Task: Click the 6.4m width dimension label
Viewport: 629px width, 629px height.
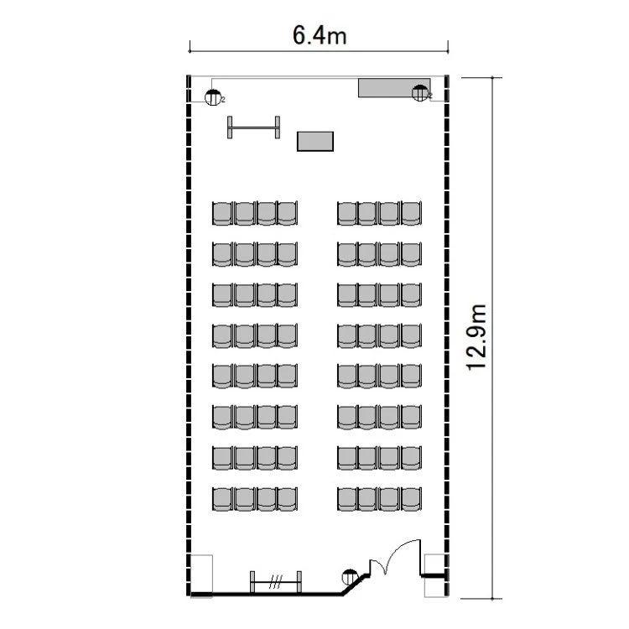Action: coord(320,35)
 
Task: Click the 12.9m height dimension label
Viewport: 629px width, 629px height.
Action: coord(477,337)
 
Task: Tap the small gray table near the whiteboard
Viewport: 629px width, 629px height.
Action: coord(315,142)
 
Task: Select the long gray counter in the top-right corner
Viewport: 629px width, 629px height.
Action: coord(394,88)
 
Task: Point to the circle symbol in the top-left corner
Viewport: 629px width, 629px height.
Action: coord(213,97)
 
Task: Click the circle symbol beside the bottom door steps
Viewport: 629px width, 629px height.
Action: coord(350,577)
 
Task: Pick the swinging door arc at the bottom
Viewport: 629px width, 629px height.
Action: coord(399,550)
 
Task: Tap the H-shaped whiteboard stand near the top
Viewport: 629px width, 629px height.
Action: coord(253,127)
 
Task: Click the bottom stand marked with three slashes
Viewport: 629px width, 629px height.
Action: coord(276,582)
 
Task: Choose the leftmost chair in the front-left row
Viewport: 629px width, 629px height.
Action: coord(222,213)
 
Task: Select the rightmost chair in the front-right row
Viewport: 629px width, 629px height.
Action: coord(411,213)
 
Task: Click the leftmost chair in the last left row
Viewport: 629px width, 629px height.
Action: coord(222,499)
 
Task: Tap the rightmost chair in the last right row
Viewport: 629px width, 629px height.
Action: coord(411,499)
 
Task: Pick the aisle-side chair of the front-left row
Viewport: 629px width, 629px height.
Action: coord(287,213)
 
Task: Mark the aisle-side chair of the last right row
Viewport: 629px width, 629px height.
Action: coord(347,499)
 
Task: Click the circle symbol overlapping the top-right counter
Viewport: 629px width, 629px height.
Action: coord(420,93)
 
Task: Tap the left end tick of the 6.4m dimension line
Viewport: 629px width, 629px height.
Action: coord(190,51)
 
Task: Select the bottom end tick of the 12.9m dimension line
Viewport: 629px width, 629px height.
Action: coord(492,599)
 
